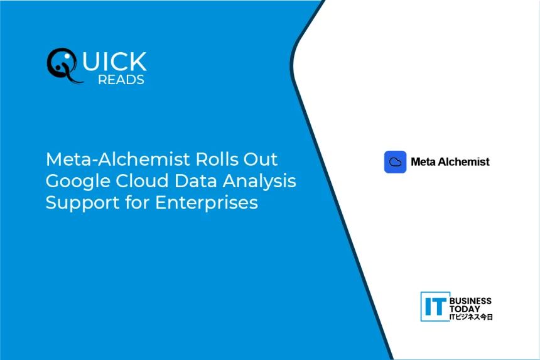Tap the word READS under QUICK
(121, 80)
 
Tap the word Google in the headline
(77, 182)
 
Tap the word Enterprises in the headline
(206, 204)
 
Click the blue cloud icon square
(395, 162)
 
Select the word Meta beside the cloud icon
(424, 162)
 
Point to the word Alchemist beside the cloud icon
(465, 162)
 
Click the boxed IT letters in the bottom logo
(435, 306)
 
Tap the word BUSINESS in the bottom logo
(471, 302)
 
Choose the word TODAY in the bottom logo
(465, 309)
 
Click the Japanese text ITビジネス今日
(471, 317)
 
